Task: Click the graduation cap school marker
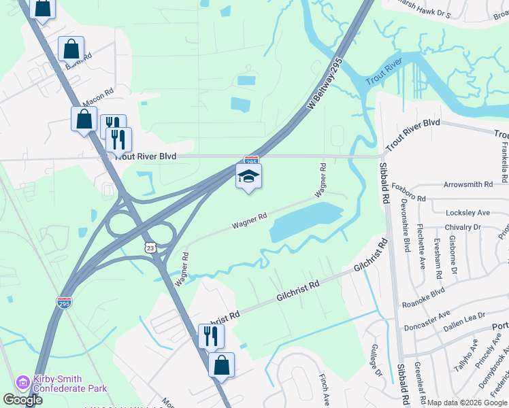point(248,177)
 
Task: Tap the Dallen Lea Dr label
point(463,316)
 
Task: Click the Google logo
point(23,401)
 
